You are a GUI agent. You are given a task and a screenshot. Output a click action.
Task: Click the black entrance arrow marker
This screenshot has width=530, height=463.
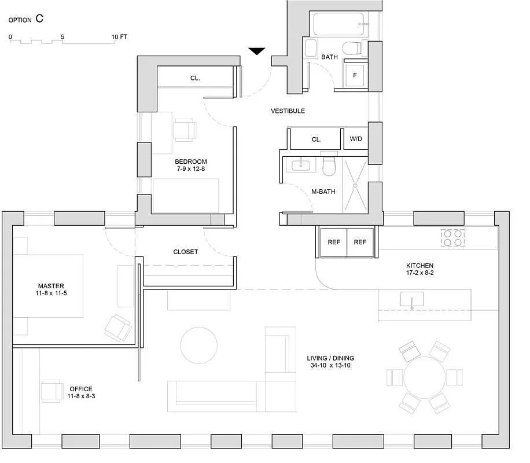coord(257,52)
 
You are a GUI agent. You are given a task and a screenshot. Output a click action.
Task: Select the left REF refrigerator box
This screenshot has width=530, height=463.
coord(334,242)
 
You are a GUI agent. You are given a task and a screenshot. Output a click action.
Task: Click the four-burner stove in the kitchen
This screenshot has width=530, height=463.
coord(453,237)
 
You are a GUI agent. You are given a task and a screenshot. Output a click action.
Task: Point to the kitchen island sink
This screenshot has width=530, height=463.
coord(411,300)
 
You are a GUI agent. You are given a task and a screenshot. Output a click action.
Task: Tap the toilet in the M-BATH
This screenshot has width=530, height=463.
coord(329,167)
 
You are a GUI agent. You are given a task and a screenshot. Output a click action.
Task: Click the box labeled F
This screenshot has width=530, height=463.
coord(355,75)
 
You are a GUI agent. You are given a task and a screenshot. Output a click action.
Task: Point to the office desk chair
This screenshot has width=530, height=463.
coord(51,391)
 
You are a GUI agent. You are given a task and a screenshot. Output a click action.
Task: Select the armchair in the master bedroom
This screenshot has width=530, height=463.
coord(118,328)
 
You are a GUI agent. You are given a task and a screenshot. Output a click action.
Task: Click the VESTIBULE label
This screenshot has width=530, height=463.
coord(288,111)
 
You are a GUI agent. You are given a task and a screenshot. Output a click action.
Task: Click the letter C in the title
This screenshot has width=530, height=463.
coord(39,19)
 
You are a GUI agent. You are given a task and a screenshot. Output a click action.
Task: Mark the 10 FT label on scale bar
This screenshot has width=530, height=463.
coord(120,36)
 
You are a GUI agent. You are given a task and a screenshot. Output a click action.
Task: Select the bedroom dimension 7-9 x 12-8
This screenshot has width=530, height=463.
coord(190,169)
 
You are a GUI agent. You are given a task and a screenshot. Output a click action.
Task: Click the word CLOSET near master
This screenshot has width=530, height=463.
coord(185,252)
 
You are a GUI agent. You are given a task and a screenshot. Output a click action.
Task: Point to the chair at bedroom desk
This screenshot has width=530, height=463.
coord(185,130)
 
